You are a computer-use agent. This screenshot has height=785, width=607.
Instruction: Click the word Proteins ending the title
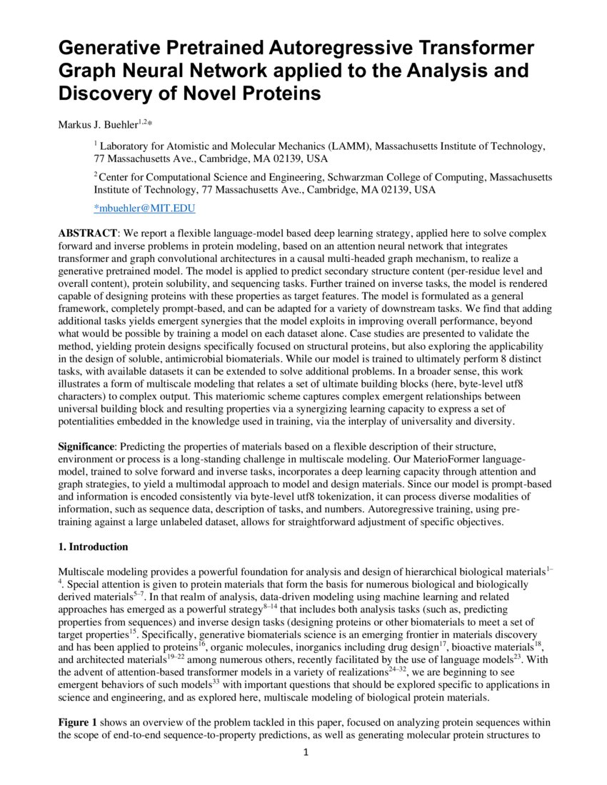[x=280, y=94]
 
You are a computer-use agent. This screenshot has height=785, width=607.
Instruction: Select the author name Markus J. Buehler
[x=97, y=124]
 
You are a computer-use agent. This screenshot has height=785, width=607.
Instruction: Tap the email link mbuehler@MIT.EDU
[x=145, y=208]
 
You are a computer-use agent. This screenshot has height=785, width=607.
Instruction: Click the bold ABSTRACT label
[x=87, y=234]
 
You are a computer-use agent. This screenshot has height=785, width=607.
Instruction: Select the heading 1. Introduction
[x=93, y=547]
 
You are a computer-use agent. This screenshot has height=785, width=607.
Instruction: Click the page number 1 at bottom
[x=304, y=753]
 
